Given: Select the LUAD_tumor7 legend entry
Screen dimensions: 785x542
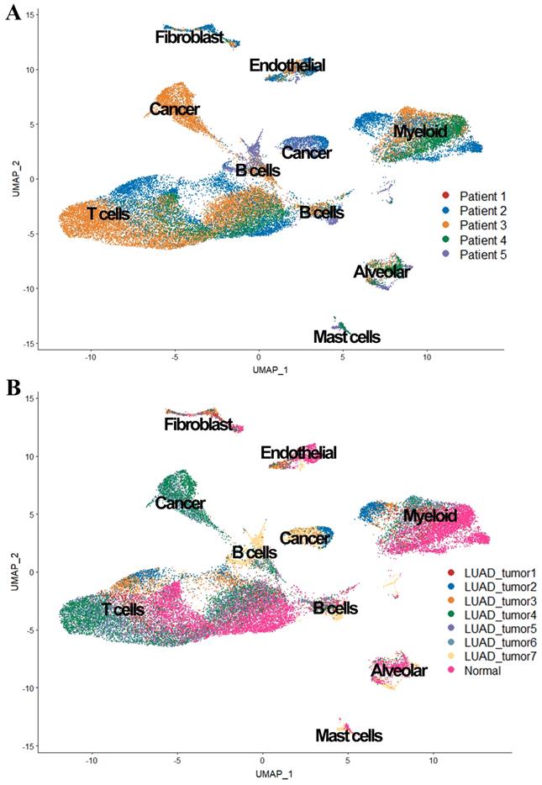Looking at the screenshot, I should coord(482,657).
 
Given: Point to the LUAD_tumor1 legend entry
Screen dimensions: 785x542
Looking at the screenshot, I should coord(482,572).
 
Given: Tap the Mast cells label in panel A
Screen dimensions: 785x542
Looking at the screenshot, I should coord(346,337).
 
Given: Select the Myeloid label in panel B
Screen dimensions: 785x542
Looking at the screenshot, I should coord(429,515).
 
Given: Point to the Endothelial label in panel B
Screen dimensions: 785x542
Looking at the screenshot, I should coord(298,453).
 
